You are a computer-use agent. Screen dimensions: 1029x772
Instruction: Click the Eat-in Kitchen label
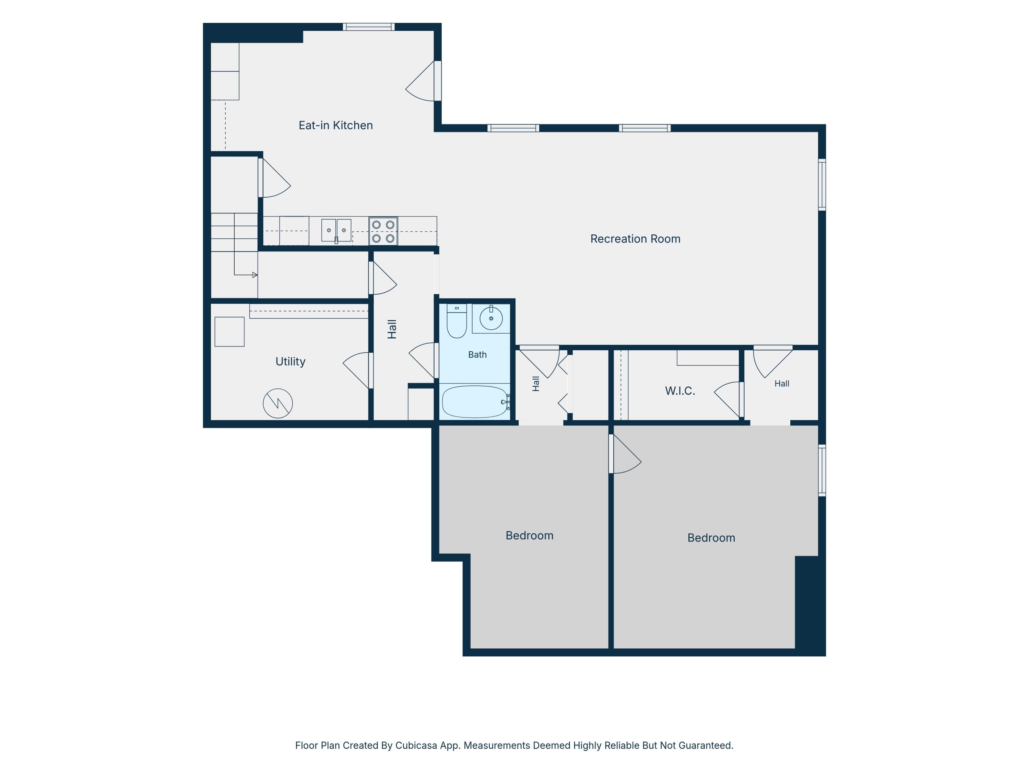(x=335, y=125)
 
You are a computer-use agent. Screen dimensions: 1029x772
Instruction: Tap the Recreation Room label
(x=635, y=239)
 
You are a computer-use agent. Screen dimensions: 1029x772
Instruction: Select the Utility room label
(x=290, y=362)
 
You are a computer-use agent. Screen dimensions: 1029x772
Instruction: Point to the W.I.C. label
(x=679, y=391)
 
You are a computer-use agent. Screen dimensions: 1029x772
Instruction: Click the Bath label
(x=477, y=354)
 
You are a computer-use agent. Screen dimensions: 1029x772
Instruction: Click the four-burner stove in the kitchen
(x=383, y=231)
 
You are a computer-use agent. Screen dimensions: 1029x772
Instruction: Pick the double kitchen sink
(x=336, y=230)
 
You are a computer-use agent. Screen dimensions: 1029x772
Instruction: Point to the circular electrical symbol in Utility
(x=278, y=403)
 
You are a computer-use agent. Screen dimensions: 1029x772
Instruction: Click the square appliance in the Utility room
(x=229, y=332)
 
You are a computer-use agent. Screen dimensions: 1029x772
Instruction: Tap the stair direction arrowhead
(x=255, y=275)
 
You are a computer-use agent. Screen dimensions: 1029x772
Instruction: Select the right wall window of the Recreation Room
(x=822, y=185)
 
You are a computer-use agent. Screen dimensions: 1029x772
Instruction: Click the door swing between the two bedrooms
(x=626, y=454)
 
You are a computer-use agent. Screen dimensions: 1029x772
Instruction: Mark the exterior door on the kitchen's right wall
(x=422, y=81)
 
